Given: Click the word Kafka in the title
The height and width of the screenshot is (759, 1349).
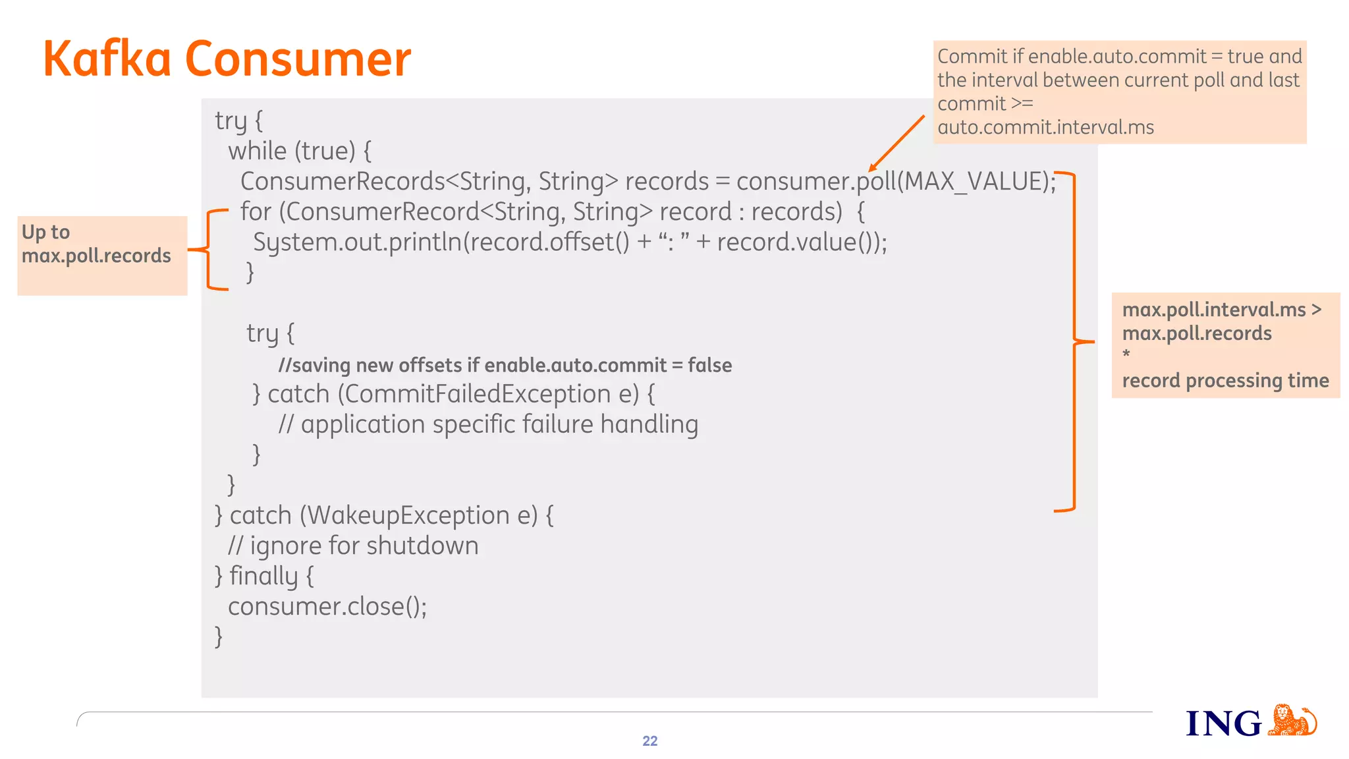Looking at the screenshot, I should [107, 59].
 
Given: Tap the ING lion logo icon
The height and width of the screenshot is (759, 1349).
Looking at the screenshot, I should [1292, 721].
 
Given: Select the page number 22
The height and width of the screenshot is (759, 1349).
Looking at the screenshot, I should [649, 741].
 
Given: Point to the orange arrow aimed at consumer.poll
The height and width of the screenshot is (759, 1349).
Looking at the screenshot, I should [896, 143].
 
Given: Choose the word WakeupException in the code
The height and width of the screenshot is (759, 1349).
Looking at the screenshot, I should [408, 515].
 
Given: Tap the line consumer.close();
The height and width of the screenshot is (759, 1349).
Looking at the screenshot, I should [327, 606].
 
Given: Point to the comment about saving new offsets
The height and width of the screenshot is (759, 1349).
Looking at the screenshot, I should [505, 365].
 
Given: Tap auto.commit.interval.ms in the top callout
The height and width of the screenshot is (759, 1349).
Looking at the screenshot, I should [1045, 127].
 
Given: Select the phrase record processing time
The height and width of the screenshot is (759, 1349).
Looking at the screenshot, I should [1225, 381].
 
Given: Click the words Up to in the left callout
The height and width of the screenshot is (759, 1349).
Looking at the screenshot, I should [45, 232].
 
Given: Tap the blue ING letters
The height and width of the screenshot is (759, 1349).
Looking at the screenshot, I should [1223, 723].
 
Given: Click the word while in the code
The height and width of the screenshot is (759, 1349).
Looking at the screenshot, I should [258, 152].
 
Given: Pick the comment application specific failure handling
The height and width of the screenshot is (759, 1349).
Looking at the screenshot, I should [488, 424].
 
